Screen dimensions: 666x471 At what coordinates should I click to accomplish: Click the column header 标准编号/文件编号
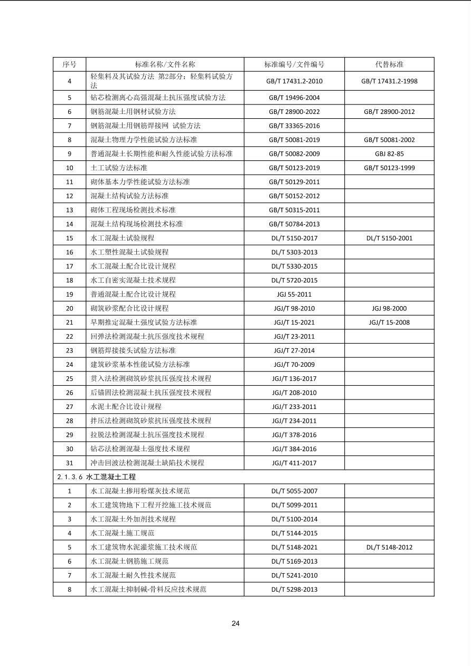(x=294, y=64)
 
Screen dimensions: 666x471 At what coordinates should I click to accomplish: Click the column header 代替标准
(x=389, y=64)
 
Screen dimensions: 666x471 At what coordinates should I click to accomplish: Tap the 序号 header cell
(x=69, y=64)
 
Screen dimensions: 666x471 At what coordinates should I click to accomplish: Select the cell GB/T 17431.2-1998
(x=389, y=81)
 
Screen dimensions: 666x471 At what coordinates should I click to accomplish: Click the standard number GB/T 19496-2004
(x=294, y=98)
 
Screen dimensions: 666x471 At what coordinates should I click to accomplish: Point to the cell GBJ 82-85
(x=389, y=154)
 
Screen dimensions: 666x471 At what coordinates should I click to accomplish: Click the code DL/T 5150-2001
(x=389, y=238)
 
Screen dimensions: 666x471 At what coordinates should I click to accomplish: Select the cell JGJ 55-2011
(x=294, y=294)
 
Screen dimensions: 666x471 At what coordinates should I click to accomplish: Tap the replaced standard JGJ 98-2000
(x=389, y=308)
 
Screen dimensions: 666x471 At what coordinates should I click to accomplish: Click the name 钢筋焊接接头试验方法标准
(x=133, y=350)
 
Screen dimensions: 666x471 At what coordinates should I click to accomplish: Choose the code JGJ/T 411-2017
(x=294, y=463)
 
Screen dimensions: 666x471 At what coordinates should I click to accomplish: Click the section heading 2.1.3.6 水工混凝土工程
(x=97, y=477)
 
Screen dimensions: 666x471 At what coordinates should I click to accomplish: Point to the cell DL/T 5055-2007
(x=294, y=491)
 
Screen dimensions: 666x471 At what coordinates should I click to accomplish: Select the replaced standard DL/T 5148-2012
(x=389, y=547)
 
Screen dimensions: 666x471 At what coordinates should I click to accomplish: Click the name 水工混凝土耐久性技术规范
(x=133, y=575)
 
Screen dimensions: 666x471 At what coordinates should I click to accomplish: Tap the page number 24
(x=235, y=623)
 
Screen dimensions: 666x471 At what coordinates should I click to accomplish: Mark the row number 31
(x=69, y=463)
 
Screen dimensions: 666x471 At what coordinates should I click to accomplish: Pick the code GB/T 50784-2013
(x=294, y=224)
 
